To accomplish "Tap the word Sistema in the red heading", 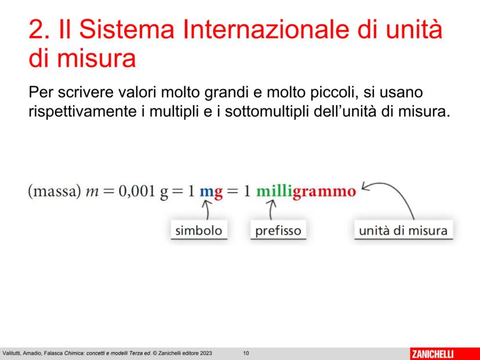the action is click(127, 29).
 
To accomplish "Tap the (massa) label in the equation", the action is click(54, 192).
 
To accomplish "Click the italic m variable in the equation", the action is click(92, 193).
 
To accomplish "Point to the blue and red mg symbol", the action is click(211, 193).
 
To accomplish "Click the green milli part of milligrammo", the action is click(274, 191).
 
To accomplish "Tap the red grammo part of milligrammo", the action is click(324, 192).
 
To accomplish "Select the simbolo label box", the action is click(199, 230).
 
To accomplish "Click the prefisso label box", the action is click(278, 230).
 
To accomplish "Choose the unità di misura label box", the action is click(403, 230).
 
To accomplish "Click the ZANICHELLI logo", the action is click(432, 354).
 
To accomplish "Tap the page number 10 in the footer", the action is click(246, 353).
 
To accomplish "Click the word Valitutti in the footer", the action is click(11, 353).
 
